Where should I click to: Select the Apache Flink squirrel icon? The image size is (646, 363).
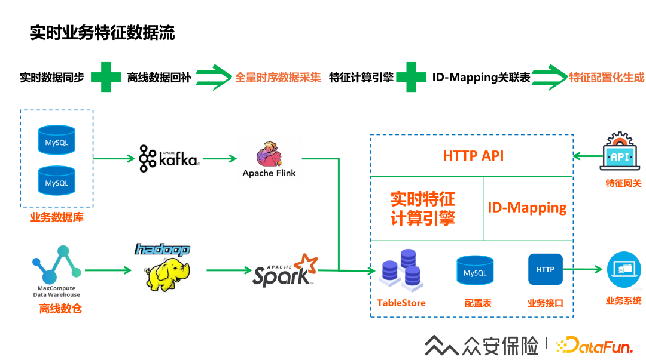coord(269,154)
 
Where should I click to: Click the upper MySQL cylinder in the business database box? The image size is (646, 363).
coord(57,140)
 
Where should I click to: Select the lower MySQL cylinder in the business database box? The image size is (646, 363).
coord(57,180)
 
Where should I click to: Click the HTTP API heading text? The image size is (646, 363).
coord(473,156)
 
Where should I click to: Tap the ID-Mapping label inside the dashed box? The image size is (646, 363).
coord(527,208)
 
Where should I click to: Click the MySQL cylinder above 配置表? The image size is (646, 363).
coord(475,270)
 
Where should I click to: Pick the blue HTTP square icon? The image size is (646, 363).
coord(545,269)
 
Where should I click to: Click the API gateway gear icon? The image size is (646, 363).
coord(620,151)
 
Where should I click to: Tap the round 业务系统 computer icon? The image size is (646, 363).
coord(624,270)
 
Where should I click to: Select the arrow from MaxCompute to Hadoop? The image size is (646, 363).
coord(108,270)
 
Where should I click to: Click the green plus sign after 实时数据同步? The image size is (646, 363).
coord(106,77)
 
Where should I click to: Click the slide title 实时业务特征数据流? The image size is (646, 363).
coord(102,33)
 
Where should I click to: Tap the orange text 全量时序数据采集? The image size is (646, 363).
coord(278,77)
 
